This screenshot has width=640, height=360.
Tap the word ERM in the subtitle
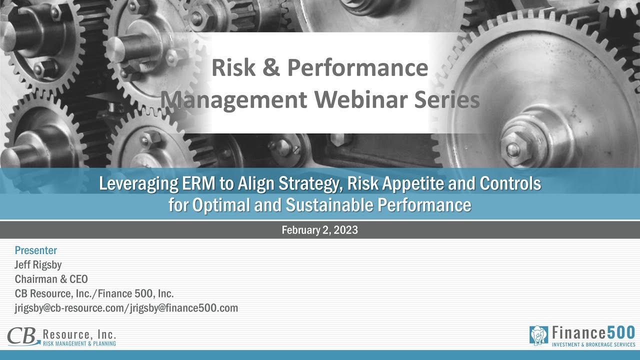(x=199, y=183)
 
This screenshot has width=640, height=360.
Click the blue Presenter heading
(x=36, y=250)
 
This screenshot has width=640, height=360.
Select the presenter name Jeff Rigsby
(x=38, y=265)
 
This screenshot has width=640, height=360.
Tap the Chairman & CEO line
(x=51, y=279)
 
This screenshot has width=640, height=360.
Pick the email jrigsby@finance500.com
(x=183, y=308)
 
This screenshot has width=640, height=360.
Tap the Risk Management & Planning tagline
(x=79, y=343)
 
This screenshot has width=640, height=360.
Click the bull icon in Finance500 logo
(x=538, y=335)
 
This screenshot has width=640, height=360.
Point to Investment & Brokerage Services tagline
(x=592, y=345)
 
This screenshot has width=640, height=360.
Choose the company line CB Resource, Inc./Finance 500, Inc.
(x=94, y=293)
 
